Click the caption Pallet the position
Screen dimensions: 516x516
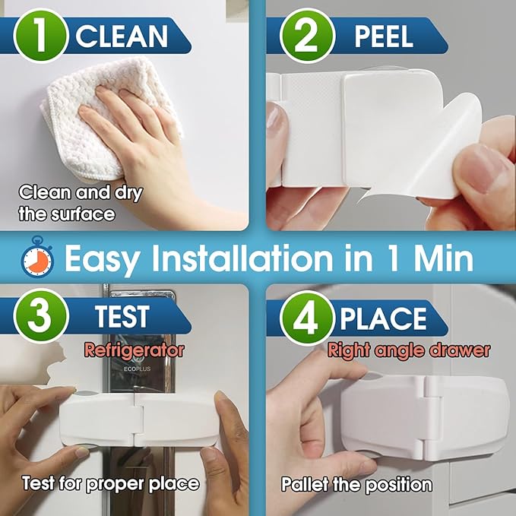coord(356,484)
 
